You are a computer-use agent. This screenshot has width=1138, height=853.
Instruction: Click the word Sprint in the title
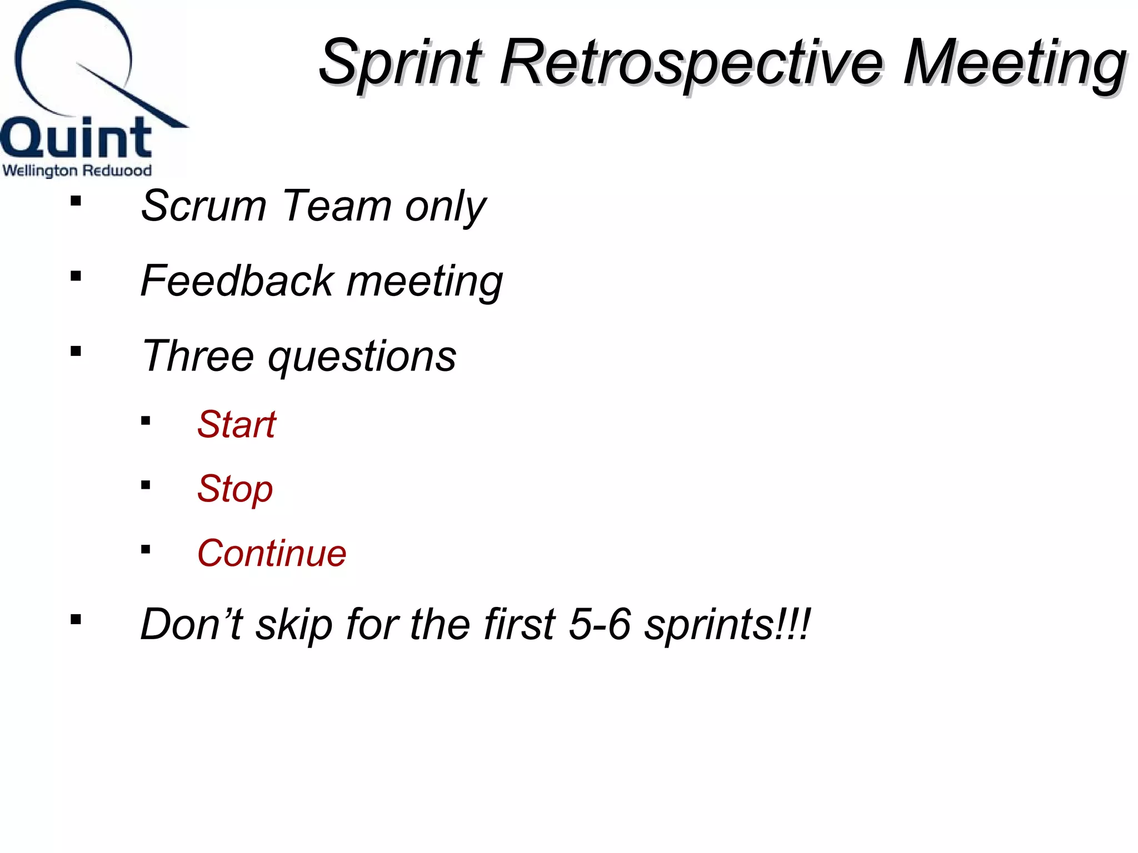399,62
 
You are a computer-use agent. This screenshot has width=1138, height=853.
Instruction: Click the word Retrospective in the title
691,62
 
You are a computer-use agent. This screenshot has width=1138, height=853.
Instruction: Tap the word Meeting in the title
1015,62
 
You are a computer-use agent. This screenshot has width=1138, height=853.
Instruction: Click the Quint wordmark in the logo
76,137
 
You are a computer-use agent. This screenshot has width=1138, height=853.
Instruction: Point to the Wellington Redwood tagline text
77,170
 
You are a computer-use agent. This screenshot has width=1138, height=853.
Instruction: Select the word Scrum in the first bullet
203,206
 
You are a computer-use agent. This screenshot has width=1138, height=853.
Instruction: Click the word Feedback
236,281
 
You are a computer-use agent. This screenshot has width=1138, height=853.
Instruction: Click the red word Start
236,425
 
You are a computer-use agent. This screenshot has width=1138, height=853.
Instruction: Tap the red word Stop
234,489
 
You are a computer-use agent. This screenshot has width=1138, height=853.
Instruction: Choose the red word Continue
271,554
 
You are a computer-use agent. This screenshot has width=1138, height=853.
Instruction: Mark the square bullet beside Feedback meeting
76,276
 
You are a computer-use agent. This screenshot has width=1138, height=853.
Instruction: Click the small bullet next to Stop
146,485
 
